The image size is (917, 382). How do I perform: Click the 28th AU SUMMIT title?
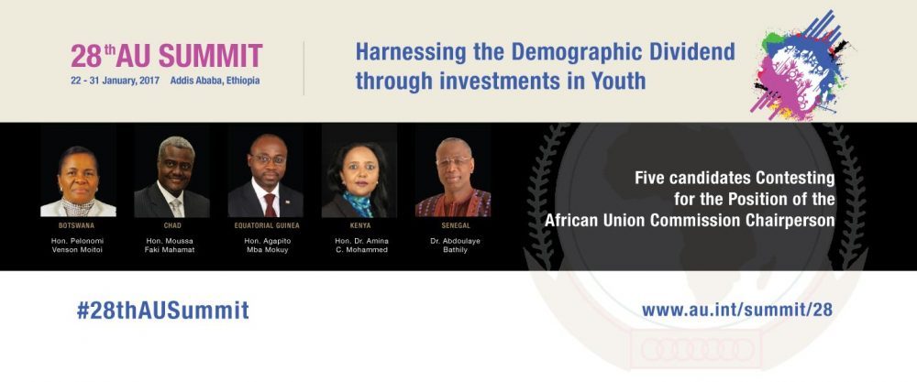point(167,56)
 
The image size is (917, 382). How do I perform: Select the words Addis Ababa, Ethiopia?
point(215,81)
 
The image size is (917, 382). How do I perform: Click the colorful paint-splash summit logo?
point(799,65)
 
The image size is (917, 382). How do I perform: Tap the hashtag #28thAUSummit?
point(162,311)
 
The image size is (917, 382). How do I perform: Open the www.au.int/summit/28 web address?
point(737,310)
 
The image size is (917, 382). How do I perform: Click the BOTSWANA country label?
point(77,225)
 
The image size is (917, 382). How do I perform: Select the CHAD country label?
point(172,225)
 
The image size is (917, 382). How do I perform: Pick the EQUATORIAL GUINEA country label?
point(267,225)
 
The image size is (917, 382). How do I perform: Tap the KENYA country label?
point(360,225)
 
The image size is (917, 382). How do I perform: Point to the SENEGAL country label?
point(456,225)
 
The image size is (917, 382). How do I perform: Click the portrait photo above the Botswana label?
point(78,170)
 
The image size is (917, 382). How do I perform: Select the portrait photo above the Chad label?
point(172,170)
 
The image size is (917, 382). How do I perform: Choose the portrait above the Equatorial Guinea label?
point(266,170)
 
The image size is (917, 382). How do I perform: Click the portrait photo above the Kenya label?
point(359,170)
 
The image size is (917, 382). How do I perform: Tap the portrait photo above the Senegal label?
point(453,170)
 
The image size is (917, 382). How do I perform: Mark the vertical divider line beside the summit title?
point(304,68)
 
